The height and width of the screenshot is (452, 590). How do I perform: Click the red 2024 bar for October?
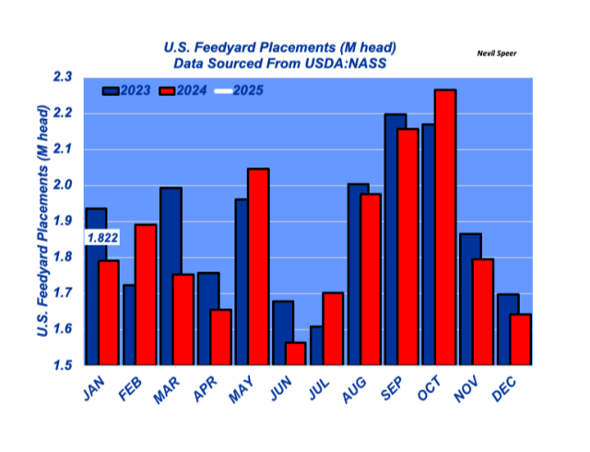pyautogui.click(x=445, y=227)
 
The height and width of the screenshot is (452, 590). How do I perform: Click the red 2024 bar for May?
pyautogui.click(x=258, y=267)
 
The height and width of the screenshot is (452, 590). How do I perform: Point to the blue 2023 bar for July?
pyautogui.click(x=315, y=346)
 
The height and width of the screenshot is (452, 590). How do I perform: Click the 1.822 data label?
pyautogui.click(x=101, y=238)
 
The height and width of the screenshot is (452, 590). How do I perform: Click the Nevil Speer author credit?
pyautogui.click(x=497, y=54)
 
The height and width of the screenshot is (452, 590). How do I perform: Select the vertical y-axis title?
pyautogui.click(x=42, y=221)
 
